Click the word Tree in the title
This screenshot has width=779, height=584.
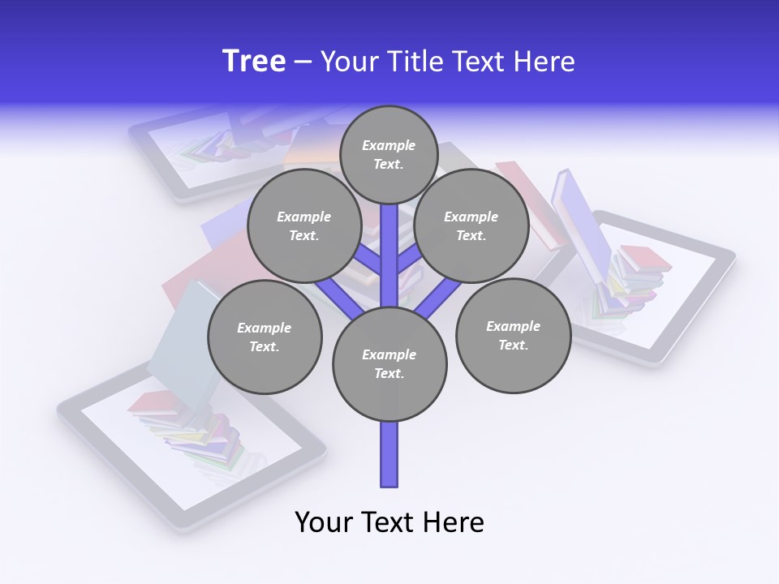click(254, 61)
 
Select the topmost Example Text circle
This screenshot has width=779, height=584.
click(389, 154)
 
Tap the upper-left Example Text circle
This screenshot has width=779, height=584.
click(303, 225)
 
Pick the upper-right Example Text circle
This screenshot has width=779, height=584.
click(471, 225)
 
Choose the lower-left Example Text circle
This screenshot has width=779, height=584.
click(264, 337)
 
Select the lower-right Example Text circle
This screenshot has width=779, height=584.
click(513, 335)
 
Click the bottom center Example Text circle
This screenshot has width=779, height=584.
click(389, 363)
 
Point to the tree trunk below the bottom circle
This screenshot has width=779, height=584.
click(389, 454)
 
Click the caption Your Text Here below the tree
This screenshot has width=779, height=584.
click(389, 522)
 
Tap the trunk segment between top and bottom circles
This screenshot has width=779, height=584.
click(389, 255)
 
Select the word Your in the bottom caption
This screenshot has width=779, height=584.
click(325, 522)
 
